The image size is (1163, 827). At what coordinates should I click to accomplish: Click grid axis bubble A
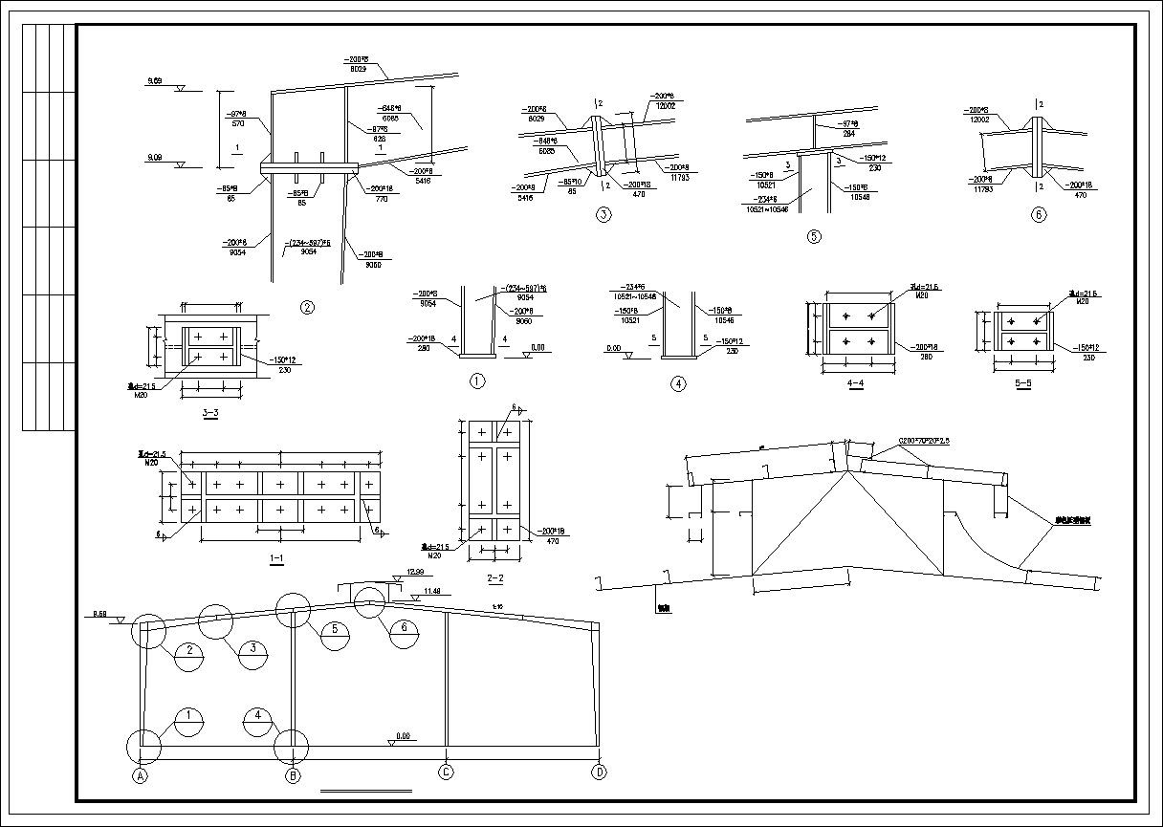point(141,775)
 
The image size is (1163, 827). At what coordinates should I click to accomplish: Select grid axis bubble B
point(294,775)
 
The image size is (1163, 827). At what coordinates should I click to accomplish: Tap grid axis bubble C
point(445,773)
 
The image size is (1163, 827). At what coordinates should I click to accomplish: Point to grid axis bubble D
point(599,773)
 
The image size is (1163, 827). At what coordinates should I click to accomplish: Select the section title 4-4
point(858,383)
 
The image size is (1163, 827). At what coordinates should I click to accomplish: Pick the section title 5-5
point(1022,383)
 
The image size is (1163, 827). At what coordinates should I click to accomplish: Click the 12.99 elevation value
point(414,572)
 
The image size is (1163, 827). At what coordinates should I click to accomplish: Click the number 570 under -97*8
point(239,123)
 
